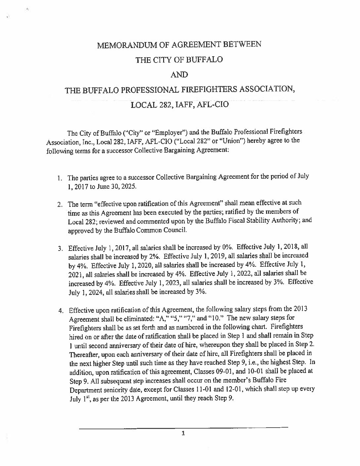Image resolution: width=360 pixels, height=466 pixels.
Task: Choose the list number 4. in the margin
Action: click(x=61, y=310)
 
